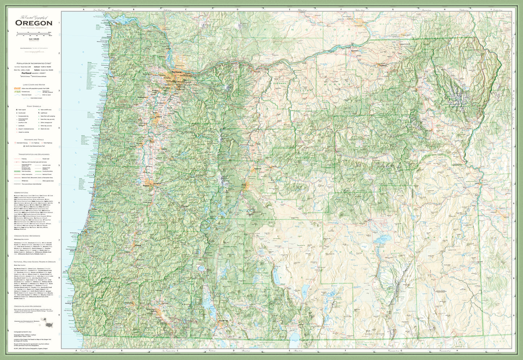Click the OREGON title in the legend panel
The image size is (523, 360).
point(34,23)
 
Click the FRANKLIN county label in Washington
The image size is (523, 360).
point(366,17)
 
